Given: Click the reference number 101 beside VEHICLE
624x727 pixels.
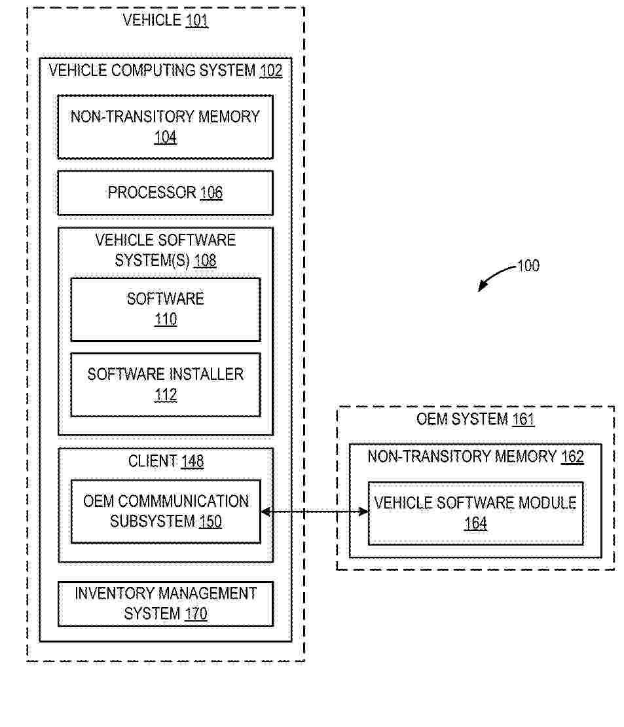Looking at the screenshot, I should click(x=196, y=20).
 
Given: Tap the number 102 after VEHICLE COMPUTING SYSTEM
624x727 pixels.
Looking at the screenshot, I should click(x=270, y=71).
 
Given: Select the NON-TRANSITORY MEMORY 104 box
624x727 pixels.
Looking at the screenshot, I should click(x=165, y=127).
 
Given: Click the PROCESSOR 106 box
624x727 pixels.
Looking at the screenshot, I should click(x=165, y=193).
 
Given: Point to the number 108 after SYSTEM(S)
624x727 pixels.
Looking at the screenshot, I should click(x=205, y=261).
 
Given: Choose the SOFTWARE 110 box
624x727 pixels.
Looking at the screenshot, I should click(x=165, y=309).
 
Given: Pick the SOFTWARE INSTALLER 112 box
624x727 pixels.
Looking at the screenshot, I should click(x=165, y=384).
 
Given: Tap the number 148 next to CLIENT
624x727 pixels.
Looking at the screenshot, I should click(x=192, y=462).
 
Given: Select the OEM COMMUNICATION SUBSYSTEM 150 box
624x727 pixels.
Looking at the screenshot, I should click(x=165, y=512).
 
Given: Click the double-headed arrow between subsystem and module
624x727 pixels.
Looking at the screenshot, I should click(x=314, y=512).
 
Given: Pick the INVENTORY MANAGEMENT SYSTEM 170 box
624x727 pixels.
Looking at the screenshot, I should click(x=165, y=603).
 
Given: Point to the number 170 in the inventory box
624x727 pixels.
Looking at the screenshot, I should click(x=195, y=614).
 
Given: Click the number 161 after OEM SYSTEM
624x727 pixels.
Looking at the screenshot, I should click(x=523, y=419).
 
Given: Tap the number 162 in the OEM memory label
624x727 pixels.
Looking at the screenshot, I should click(x=572, y=457).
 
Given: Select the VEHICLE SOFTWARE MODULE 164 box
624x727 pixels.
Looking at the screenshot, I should click(x=475, y=513).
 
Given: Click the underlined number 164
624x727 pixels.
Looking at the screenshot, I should click(x=475, y=523).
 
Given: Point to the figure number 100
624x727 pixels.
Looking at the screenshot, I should click(x=528, y=266).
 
